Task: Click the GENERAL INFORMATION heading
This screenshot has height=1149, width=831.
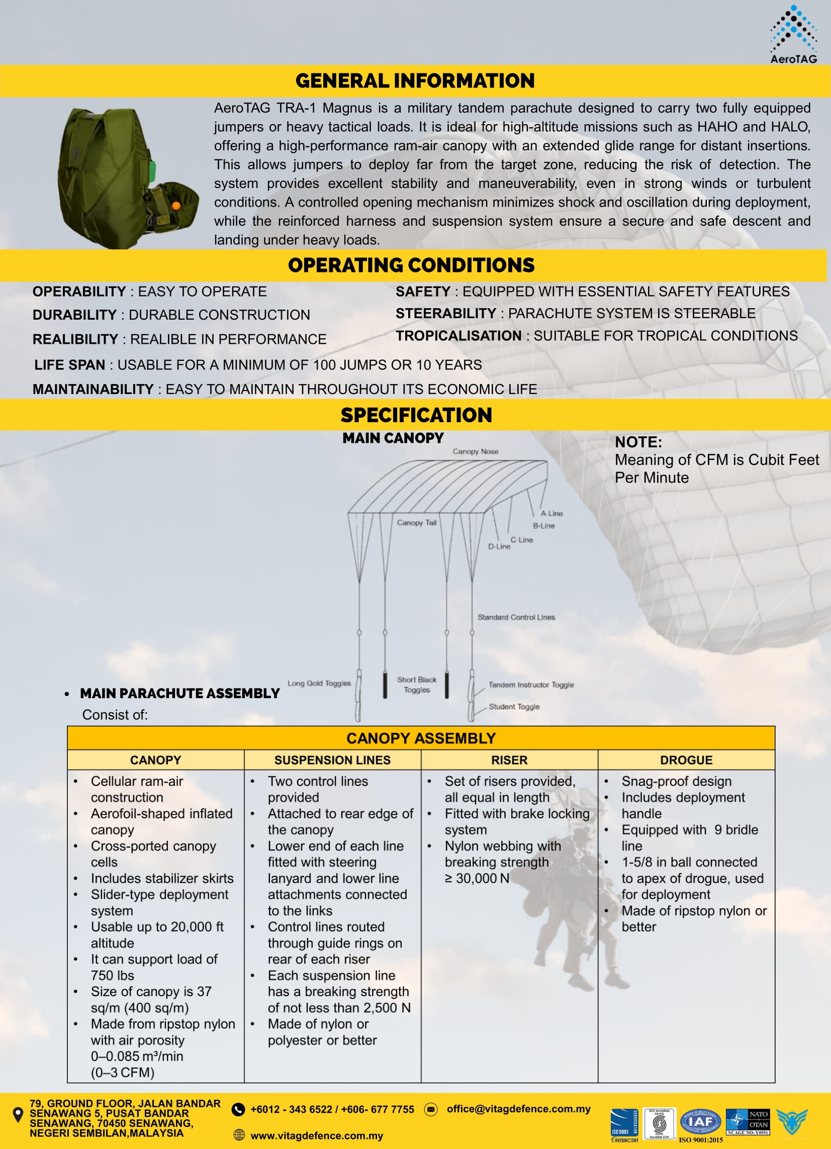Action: click(x=415, y=81)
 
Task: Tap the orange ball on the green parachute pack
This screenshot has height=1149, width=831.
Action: click(x=176, y=205)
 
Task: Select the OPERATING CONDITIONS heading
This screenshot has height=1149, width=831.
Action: click(x=411, y=265)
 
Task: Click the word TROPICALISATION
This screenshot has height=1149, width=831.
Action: click(x=458, y=336)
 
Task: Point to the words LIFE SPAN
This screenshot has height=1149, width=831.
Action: click(x=69, y=365)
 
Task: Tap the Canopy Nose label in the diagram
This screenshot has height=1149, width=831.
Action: click(x=475, y=451)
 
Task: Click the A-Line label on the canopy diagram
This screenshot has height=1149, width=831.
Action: click(x=551, y=513)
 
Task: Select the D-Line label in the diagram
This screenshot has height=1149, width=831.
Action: click(x=499, y=547)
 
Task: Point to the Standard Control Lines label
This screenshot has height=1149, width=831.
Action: click(x=516, y=617)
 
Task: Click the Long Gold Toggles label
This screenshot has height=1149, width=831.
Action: click(x=319, y=683)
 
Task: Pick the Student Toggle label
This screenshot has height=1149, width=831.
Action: click(x=514, y=707)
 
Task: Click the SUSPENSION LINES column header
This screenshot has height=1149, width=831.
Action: click(x=332, y=760)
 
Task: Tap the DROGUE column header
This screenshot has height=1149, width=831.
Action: click(x=686, y=760)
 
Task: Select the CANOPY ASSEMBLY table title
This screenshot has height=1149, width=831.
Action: click(x=421, y=738)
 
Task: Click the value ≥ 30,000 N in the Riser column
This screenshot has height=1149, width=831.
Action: click(x=477, y=878)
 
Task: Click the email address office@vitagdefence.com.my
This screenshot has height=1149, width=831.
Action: click(x=518, y=1108)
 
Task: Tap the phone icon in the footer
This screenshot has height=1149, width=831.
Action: click(x=238, y=1109)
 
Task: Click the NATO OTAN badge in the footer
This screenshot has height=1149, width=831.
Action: click(x=748, y=1122)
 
